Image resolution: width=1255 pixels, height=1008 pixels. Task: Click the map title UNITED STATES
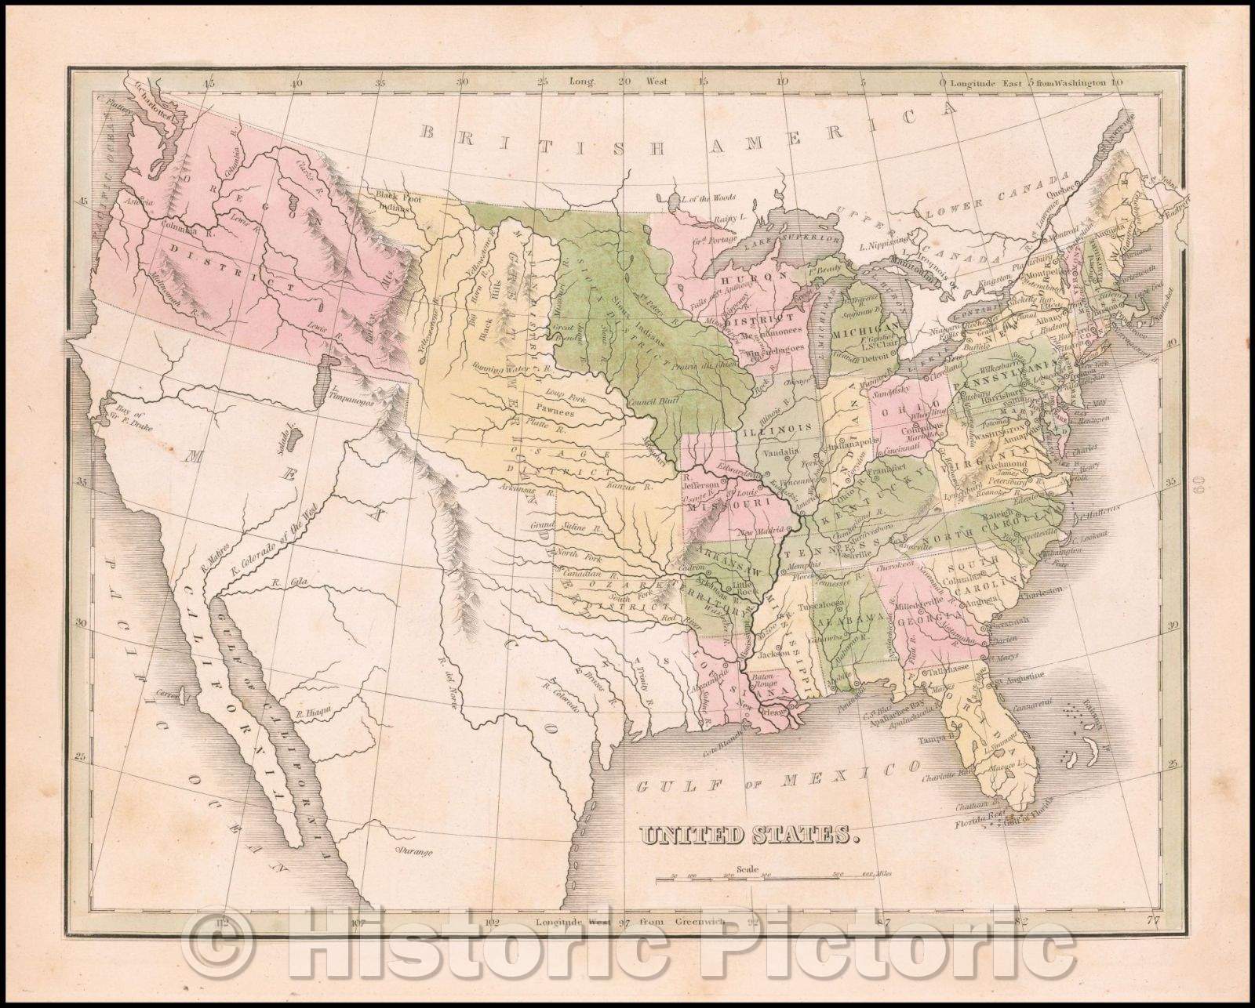coord(748,836)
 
